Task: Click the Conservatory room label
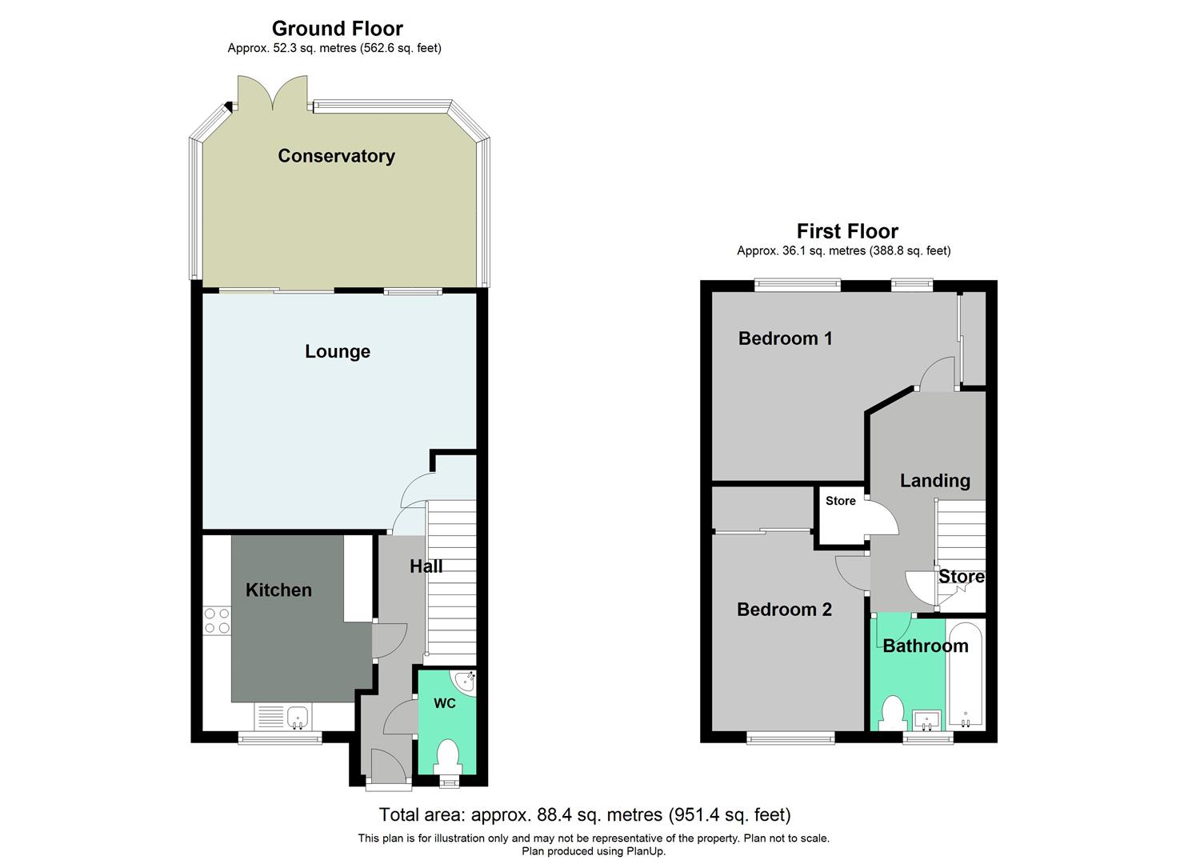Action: click(336, 156)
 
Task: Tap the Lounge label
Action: click(337, 351)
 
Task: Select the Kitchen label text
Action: click(278, 590)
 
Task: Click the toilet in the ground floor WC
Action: click(448, 755)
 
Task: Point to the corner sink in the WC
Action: click(465, 681)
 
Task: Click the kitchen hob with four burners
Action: click(217, 622)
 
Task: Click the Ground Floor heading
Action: click(337, 29)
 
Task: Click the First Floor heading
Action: click(847, 231)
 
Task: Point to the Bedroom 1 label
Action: click(785, 338)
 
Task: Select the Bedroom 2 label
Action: click(784, 610)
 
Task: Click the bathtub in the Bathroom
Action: click(966, 674)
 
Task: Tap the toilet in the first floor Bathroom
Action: click(892, 711)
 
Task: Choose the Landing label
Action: click(934, 481)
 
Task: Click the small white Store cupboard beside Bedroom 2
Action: click(840, 517)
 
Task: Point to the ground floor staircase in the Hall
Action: click(451, 584)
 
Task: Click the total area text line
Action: click(584, 815)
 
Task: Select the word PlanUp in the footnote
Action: click(646, 851)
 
